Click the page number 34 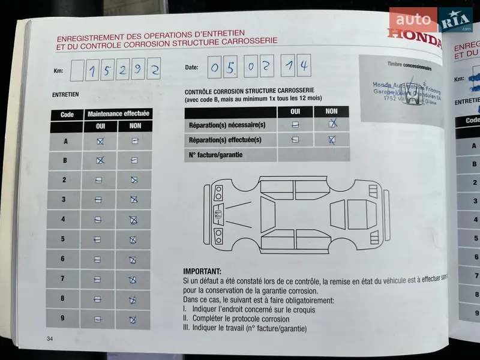pyautogui.click(x=50, y=340)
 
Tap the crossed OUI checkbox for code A pyautogui.click(x=100, y=141)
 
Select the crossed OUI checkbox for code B pyautogui.click(x=100, y=160)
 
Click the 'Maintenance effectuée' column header pyautogui.click(x=119, y=114)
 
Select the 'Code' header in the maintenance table pyautogui.click(x=67, y=115)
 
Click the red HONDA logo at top pyautogui.click(x=413, y=35)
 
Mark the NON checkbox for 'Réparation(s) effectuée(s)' pyautogui.click(x=331, y=140)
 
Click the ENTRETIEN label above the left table pyautogui.click(x=65, y=94)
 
